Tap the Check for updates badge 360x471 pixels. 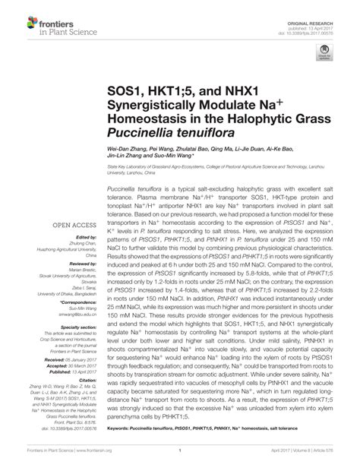click(x=324, y=53)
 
